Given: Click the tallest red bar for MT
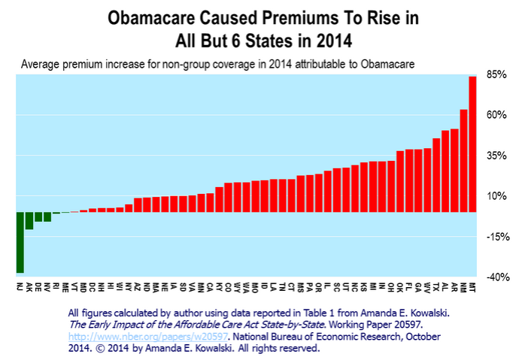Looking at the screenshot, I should click(x=472, y=143).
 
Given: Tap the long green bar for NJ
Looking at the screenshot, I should click(x=20, y=242).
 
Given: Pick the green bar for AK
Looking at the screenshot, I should click(x=29, y=220).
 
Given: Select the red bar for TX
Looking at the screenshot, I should click(x=436, y=174).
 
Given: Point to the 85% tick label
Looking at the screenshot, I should click(x=493, y=74).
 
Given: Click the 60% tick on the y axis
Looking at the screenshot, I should click(x=493, y=115).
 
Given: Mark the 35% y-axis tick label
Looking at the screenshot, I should click(x=493, y=156).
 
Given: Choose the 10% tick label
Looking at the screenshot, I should click(x=493, y=196).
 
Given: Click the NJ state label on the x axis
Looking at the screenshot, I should click(x=20, y=286).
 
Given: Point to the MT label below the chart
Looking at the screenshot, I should click(x=472, y=286).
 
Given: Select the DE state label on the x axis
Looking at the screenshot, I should click(x=38, y=286).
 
